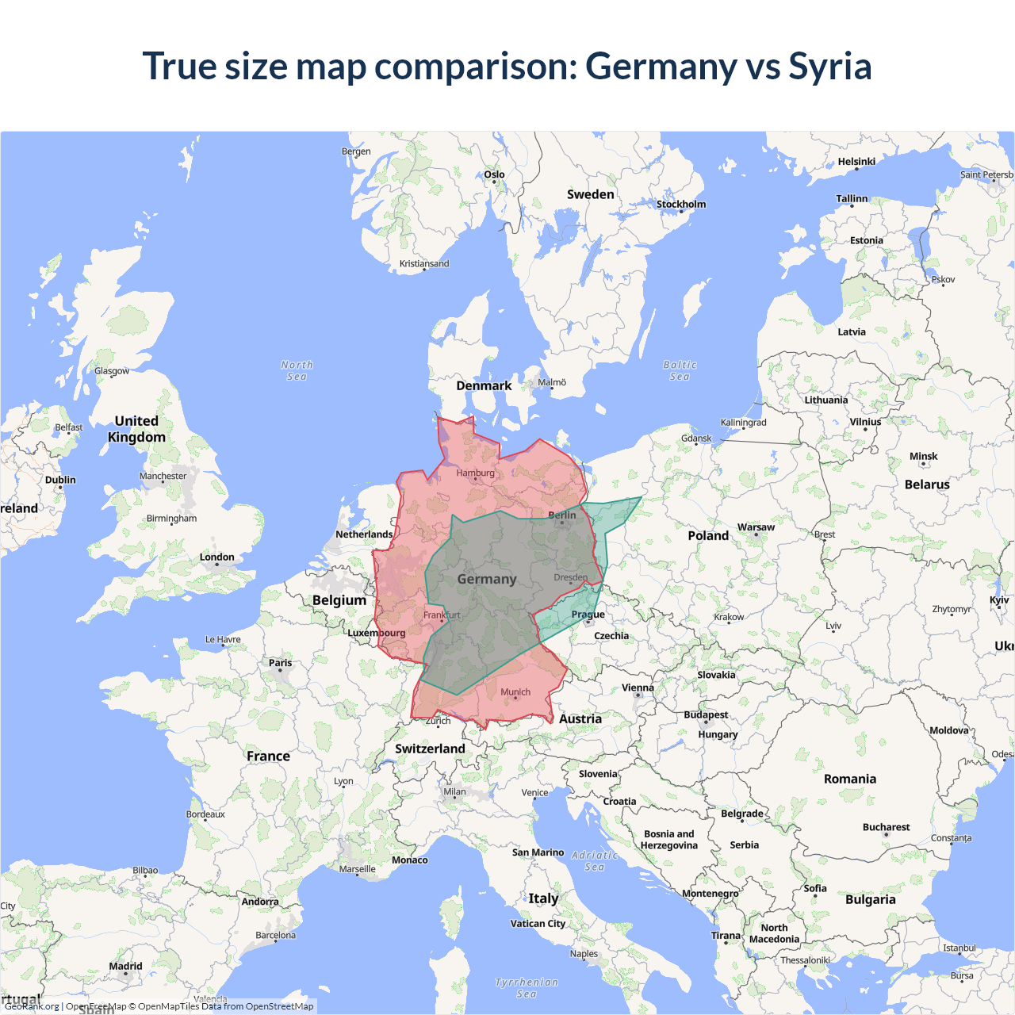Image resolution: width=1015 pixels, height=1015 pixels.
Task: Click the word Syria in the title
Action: click(x=829, y=67)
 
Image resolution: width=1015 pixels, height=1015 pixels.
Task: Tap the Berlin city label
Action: click(x=562, y=515)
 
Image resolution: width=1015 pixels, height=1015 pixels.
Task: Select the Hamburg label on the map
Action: click(x=475, y=473)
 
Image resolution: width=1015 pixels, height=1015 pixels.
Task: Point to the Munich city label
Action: click(x=515, y=692)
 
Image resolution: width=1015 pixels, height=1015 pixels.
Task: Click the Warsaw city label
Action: click(x=756, y=527)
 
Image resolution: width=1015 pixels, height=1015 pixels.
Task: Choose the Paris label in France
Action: click(x=280, y=663)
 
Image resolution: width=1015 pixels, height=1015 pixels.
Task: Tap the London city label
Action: click(x=216, y=557)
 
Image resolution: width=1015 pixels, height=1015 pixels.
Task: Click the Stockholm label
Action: click(x=680, y=205)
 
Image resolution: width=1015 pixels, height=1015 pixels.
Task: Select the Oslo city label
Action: click(x=494, y=174)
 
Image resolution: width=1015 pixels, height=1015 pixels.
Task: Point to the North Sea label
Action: click(x=297, y=370)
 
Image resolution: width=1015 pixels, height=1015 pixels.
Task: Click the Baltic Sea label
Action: click(x=680, y=370)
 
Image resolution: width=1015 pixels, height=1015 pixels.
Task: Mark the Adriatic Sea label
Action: click(x=595, y=860)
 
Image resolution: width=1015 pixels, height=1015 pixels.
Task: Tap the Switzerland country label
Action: click(x=430, y=749)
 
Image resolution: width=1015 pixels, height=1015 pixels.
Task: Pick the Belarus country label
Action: click(x=927, y=485)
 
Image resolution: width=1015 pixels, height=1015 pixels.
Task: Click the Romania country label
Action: click(x=849, y=779)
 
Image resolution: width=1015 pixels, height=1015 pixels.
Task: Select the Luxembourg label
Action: click(x=376, y=634)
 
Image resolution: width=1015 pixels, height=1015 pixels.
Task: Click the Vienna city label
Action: click(x=638, y=688)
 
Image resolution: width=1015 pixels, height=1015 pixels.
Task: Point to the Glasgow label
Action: click(x=112, y=371)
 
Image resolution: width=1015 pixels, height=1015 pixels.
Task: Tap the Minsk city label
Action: click(x=923, y=457)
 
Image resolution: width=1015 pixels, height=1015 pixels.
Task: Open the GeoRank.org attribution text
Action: click(x=32, y=1006)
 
